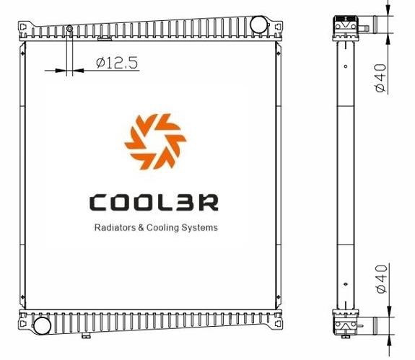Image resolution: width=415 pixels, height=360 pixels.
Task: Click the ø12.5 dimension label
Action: [x=117, y=63]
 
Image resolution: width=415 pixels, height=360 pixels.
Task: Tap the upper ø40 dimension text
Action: [x=381, y=78]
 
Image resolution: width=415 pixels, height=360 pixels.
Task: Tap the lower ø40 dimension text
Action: [x=381, y=279]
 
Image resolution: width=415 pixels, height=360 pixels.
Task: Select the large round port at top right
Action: [x=258, y=25]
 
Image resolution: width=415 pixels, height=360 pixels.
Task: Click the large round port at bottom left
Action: [x=42, y=325]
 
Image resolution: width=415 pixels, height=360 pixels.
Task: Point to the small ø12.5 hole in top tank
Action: [x=69, y=28]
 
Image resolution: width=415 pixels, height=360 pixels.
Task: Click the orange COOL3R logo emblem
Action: [x=155, y=141]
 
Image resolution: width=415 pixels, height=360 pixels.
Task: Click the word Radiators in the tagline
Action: [x=115, y=227]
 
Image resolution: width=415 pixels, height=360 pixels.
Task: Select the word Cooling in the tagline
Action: [x=162, y=228]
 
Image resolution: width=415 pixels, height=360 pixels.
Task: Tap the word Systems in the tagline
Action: [x=199, y=228]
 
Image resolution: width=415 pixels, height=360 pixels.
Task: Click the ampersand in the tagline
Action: [x=141, y=228]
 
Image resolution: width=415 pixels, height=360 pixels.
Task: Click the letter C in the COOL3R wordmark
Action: [x=98, y=203]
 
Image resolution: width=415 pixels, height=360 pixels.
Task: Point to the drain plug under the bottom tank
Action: [x=86, y=335]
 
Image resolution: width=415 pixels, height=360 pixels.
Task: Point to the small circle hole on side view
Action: [x=346, y=66]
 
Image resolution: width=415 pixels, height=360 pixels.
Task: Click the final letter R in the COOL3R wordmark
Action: [x=209, y=203]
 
